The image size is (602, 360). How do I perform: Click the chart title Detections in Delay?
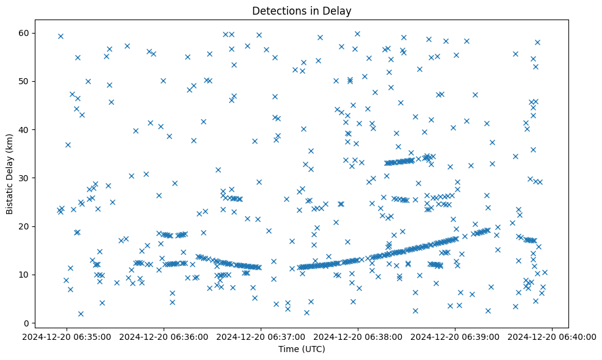(301, 10)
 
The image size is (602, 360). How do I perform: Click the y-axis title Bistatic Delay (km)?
(10, 173)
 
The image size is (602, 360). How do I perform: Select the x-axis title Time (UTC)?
(301, 349)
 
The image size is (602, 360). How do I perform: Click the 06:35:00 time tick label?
(67, 336)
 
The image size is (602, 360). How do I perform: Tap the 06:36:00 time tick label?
(164, 336)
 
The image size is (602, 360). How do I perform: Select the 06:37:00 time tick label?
(261, 336)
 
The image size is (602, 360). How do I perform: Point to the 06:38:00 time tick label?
(358, 336)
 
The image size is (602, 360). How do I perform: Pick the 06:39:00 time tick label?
(455, 336)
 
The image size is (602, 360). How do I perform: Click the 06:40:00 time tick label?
(553, 336)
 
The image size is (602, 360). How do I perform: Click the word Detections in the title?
(278, 10)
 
